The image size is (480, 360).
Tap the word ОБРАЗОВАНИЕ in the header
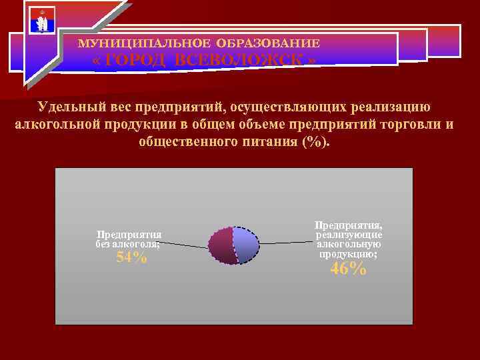point(274,43)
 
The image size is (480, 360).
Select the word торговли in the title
point(411,125)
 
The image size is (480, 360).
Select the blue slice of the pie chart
point(246,244)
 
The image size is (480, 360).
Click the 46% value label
point(348,269)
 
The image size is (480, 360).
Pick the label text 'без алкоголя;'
point(128,244)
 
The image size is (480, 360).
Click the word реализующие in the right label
point(349,235)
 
